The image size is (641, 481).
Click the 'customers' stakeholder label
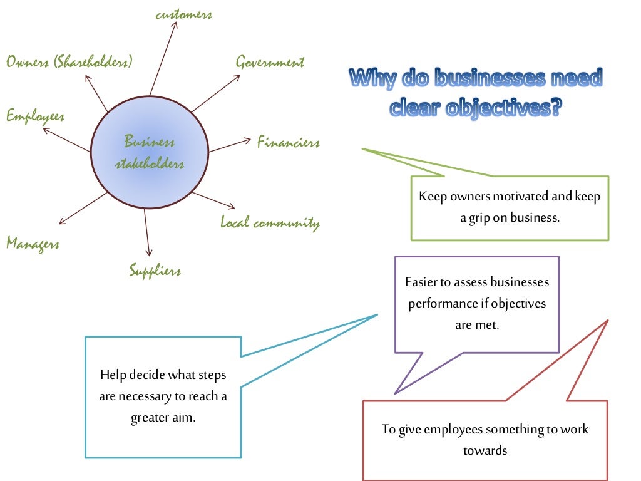tap(183, 14)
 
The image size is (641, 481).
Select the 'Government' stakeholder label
tap(270, 62)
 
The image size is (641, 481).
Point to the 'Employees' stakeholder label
tap(35, 116)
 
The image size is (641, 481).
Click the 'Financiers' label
tap(288, 143)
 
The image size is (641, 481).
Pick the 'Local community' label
tap(270, 223)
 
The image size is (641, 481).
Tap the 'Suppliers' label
tap(155, 271)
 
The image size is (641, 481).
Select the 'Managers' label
tap(33, 243)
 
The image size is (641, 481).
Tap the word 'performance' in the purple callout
tap(440, 304)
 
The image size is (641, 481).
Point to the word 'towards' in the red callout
tap(485, 450)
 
